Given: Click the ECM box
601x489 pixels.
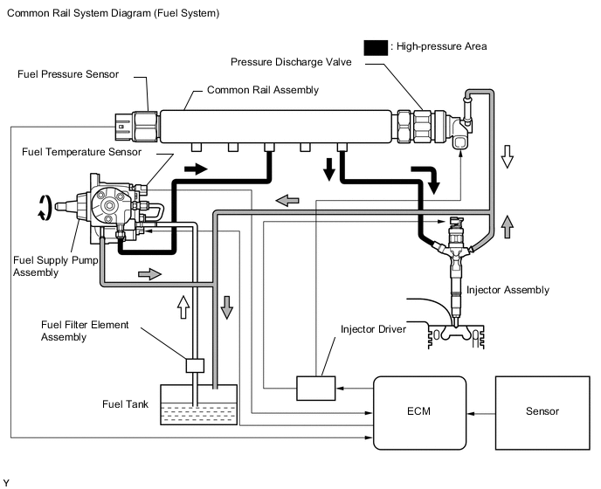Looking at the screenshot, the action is click(419, 413).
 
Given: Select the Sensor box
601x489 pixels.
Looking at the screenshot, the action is click(542, 413).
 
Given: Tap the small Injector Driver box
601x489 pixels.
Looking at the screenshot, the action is click(316, 389).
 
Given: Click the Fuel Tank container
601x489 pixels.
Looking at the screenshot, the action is click(198, 404).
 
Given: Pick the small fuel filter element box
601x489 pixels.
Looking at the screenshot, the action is click(195, 366).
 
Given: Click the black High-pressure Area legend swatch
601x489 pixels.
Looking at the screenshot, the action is click(376, 48).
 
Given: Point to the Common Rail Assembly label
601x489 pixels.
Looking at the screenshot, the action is click(263, 90).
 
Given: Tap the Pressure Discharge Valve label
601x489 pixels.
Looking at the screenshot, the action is click(291, 62).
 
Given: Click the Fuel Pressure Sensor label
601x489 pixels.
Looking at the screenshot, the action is click(68, 74).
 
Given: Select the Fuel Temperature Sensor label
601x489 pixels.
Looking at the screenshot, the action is click(81, 152).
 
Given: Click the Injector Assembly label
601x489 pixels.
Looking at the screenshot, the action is click(508, 290).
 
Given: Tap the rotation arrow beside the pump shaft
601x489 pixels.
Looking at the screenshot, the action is click(45, 207).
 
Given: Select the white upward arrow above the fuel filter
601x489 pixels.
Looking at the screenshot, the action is click(183, 306).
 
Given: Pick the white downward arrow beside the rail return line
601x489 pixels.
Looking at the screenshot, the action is click(507, 156).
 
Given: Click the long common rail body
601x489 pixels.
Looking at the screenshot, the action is click(276, 127).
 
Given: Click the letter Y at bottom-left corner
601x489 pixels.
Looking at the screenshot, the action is click(6, 483).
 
